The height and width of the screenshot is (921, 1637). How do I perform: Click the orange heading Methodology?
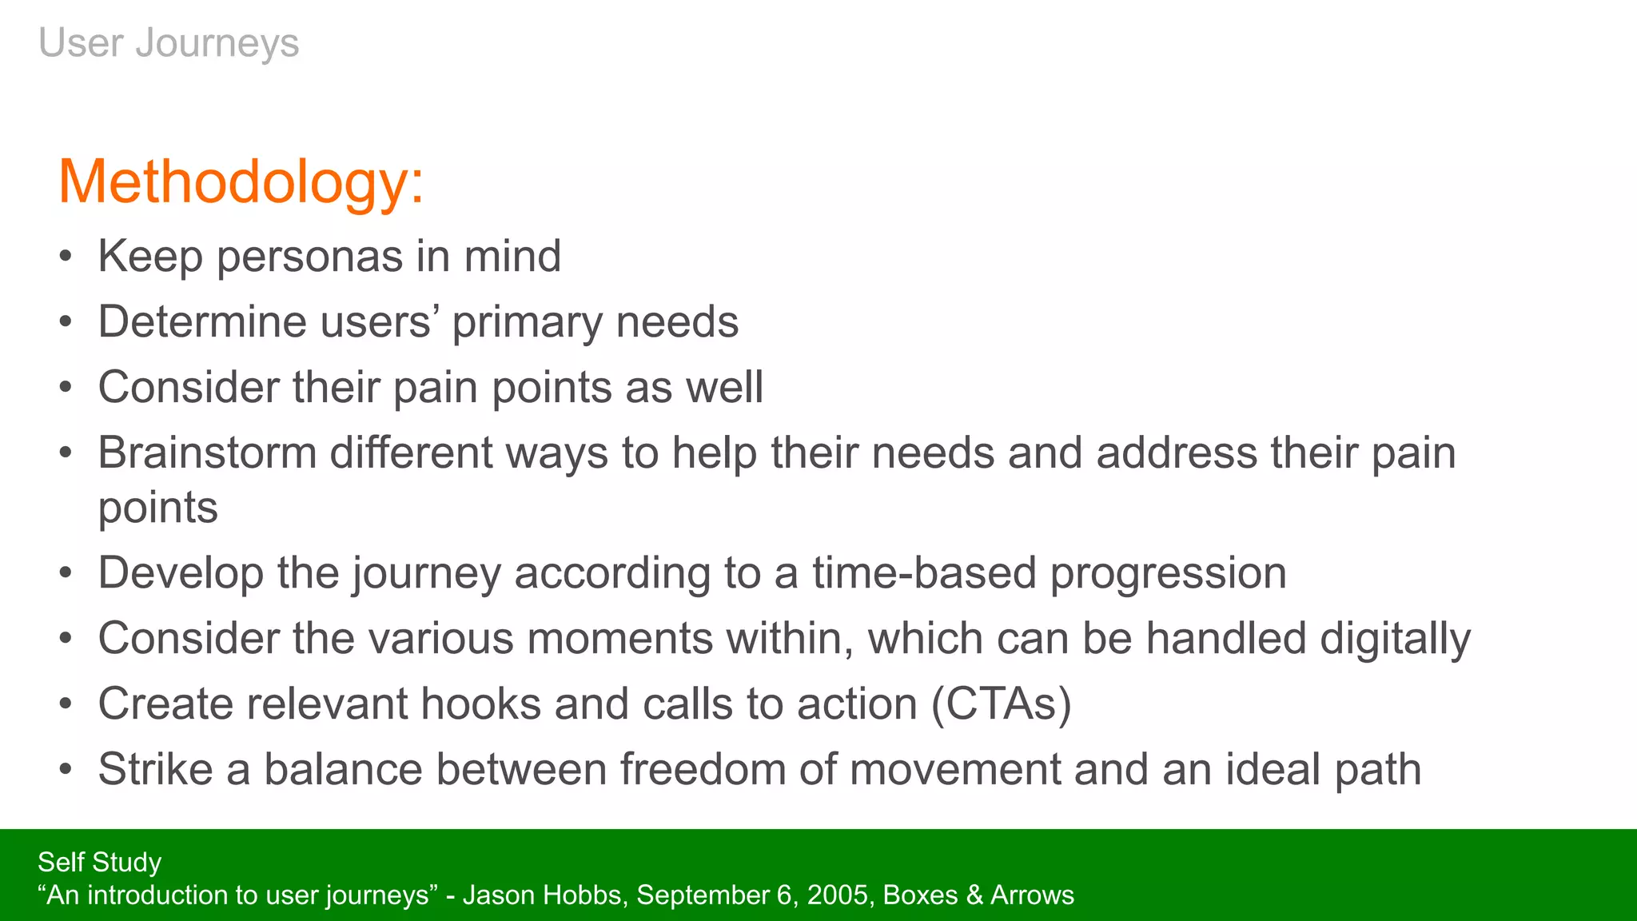(241, 182)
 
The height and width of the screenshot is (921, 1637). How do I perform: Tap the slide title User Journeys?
(169, 42)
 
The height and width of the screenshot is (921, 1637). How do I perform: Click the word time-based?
(924, 573)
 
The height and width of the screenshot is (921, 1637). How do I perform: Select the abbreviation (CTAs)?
(1001, 704)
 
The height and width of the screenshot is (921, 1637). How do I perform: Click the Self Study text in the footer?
(99, 862)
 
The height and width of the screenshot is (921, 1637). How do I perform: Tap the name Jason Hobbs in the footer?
(542, 895)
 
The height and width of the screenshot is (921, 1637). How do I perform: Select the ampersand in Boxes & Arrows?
(974, 895)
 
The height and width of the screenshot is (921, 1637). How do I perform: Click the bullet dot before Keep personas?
(66, 257)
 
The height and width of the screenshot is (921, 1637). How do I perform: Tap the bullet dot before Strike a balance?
(66, 770)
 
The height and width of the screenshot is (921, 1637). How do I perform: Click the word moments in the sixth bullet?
(619, 640)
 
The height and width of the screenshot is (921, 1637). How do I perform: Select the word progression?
(1168, 573)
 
